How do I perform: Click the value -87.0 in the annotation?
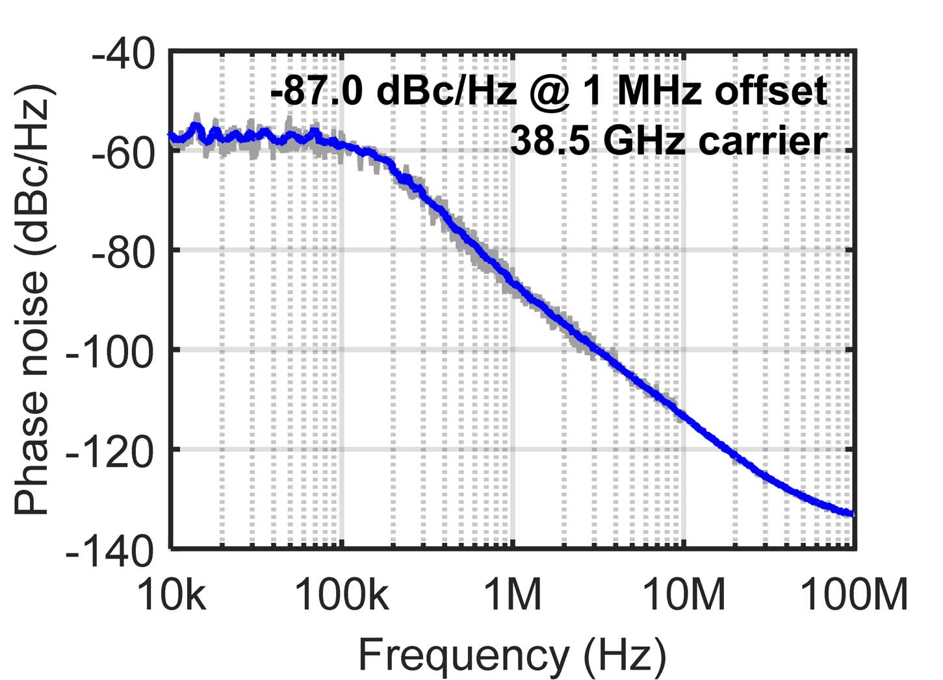(319, 92)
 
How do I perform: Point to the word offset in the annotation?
(771, 92)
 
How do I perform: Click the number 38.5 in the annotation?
(552, 141)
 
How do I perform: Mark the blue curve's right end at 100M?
(853, 514)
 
